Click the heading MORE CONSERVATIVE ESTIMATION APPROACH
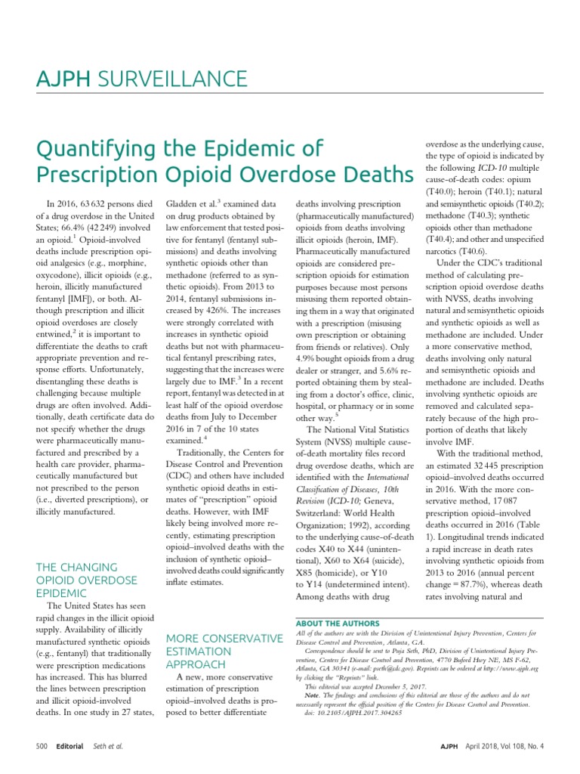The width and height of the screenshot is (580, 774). pyautogui.click(x=224, y=651)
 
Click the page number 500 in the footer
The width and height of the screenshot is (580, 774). pyautogui.click(x=42, y=745)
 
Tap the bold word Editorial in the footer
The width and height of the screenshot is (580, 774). pyautogui.click(x=71, y=745)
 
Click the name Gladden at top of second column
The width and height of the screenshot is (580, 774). pyautogui.click(x=184, y=204)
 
